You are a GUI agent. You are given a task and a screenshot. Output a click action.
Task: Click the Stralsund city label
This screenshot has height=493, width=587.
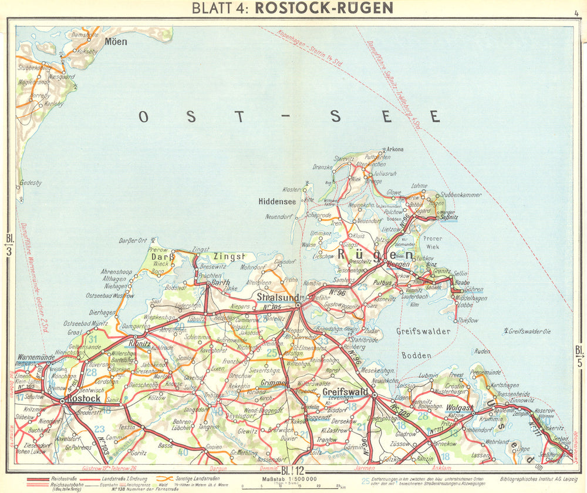(x=278, y=297)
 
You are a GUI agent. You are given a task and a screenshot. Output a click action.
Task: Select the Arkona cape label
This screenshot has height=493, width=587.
(x=394, y=149)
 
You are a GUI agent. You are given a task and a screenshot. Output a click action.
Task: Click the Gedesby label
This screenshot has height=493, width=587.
(x=31, y=183)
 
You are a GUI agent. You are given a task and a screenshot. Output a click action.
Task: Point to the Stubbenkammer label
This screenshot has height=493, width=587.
(x=460, y=194)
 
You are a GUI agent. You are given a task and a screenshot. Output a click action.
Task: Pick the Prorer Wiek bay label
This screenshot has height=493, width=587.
(x=450, y=243)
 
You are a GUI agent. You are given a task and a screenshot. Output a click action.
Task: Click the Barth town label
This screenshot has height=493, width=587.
(x=221, y=283)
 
